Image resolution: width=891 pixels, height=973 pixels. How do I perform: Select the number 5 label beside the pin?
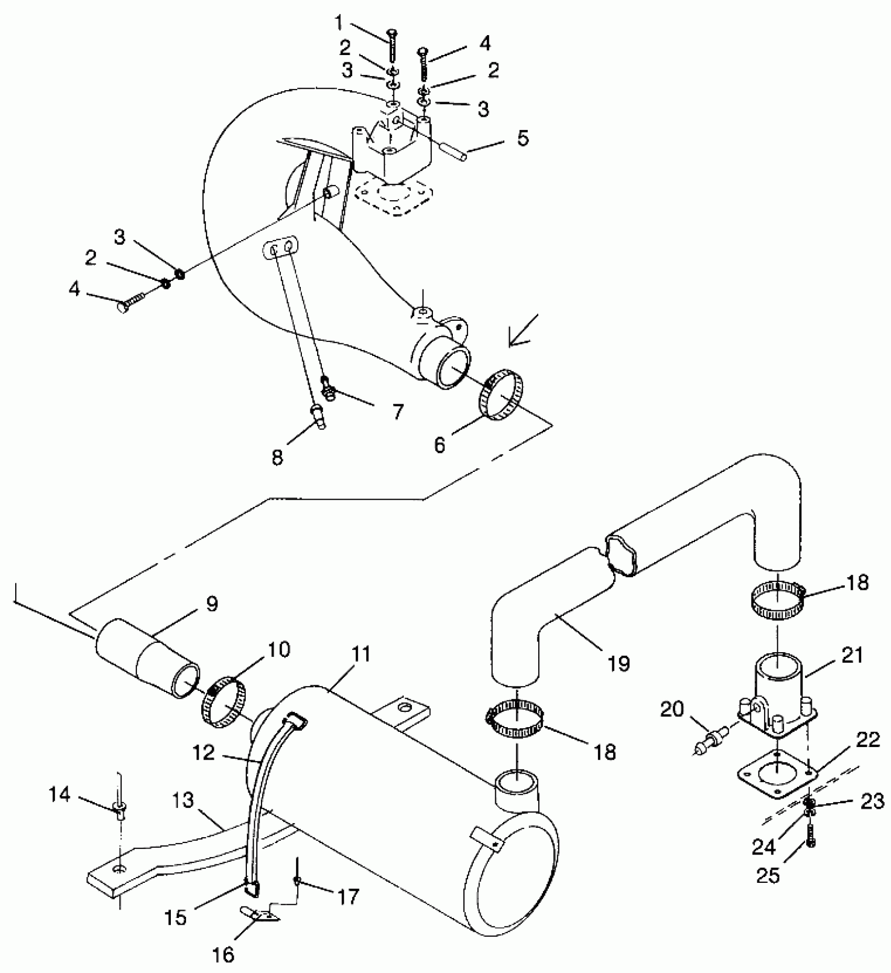click(x=523, y=139)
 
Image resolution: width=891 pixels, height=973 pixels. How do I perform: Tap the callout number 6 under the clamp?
click(x=439, y=444)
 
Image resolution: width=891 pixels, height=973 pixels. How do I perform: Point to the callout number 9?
click(x=211, y=604)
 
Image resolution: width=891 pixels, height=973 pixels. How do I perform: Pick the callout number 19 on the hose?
click(x=618, y=664)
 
